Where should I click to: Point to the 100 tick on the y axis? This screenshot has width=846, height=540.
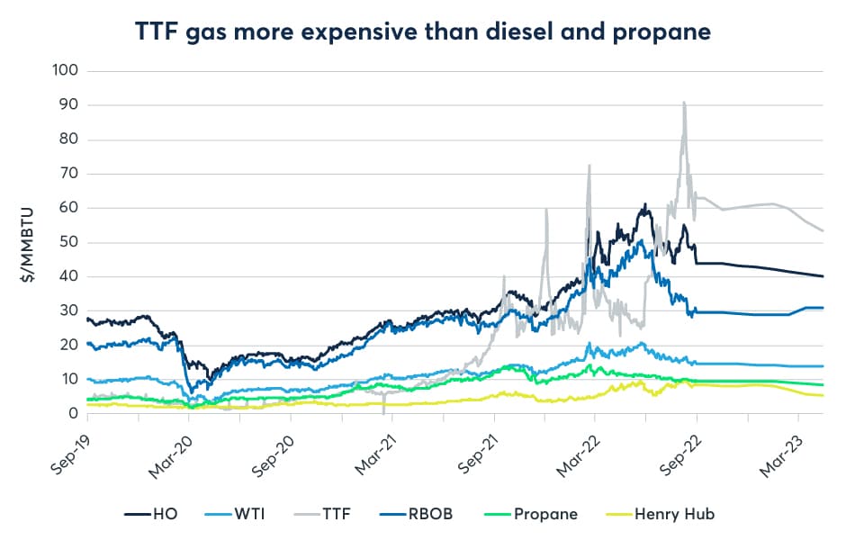(67, 70)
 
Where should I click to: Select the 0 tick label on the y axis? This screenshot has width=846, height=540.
(75, 414)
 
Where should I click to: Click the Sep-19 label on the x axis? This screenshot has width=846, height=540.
(67, 445)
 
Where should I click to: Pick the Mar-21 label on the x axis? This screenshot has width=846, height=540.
(372, 445)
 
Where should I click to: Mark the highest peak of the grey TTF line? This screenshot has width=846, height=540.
(685, 102)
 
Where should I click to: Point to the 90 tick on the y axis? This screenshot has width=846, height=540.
(70, 104)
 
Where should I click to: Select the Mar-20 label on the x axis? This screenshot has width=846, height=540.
(168, 445)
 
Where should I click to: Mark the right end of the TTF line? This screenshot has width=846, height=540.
(823, 230)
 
